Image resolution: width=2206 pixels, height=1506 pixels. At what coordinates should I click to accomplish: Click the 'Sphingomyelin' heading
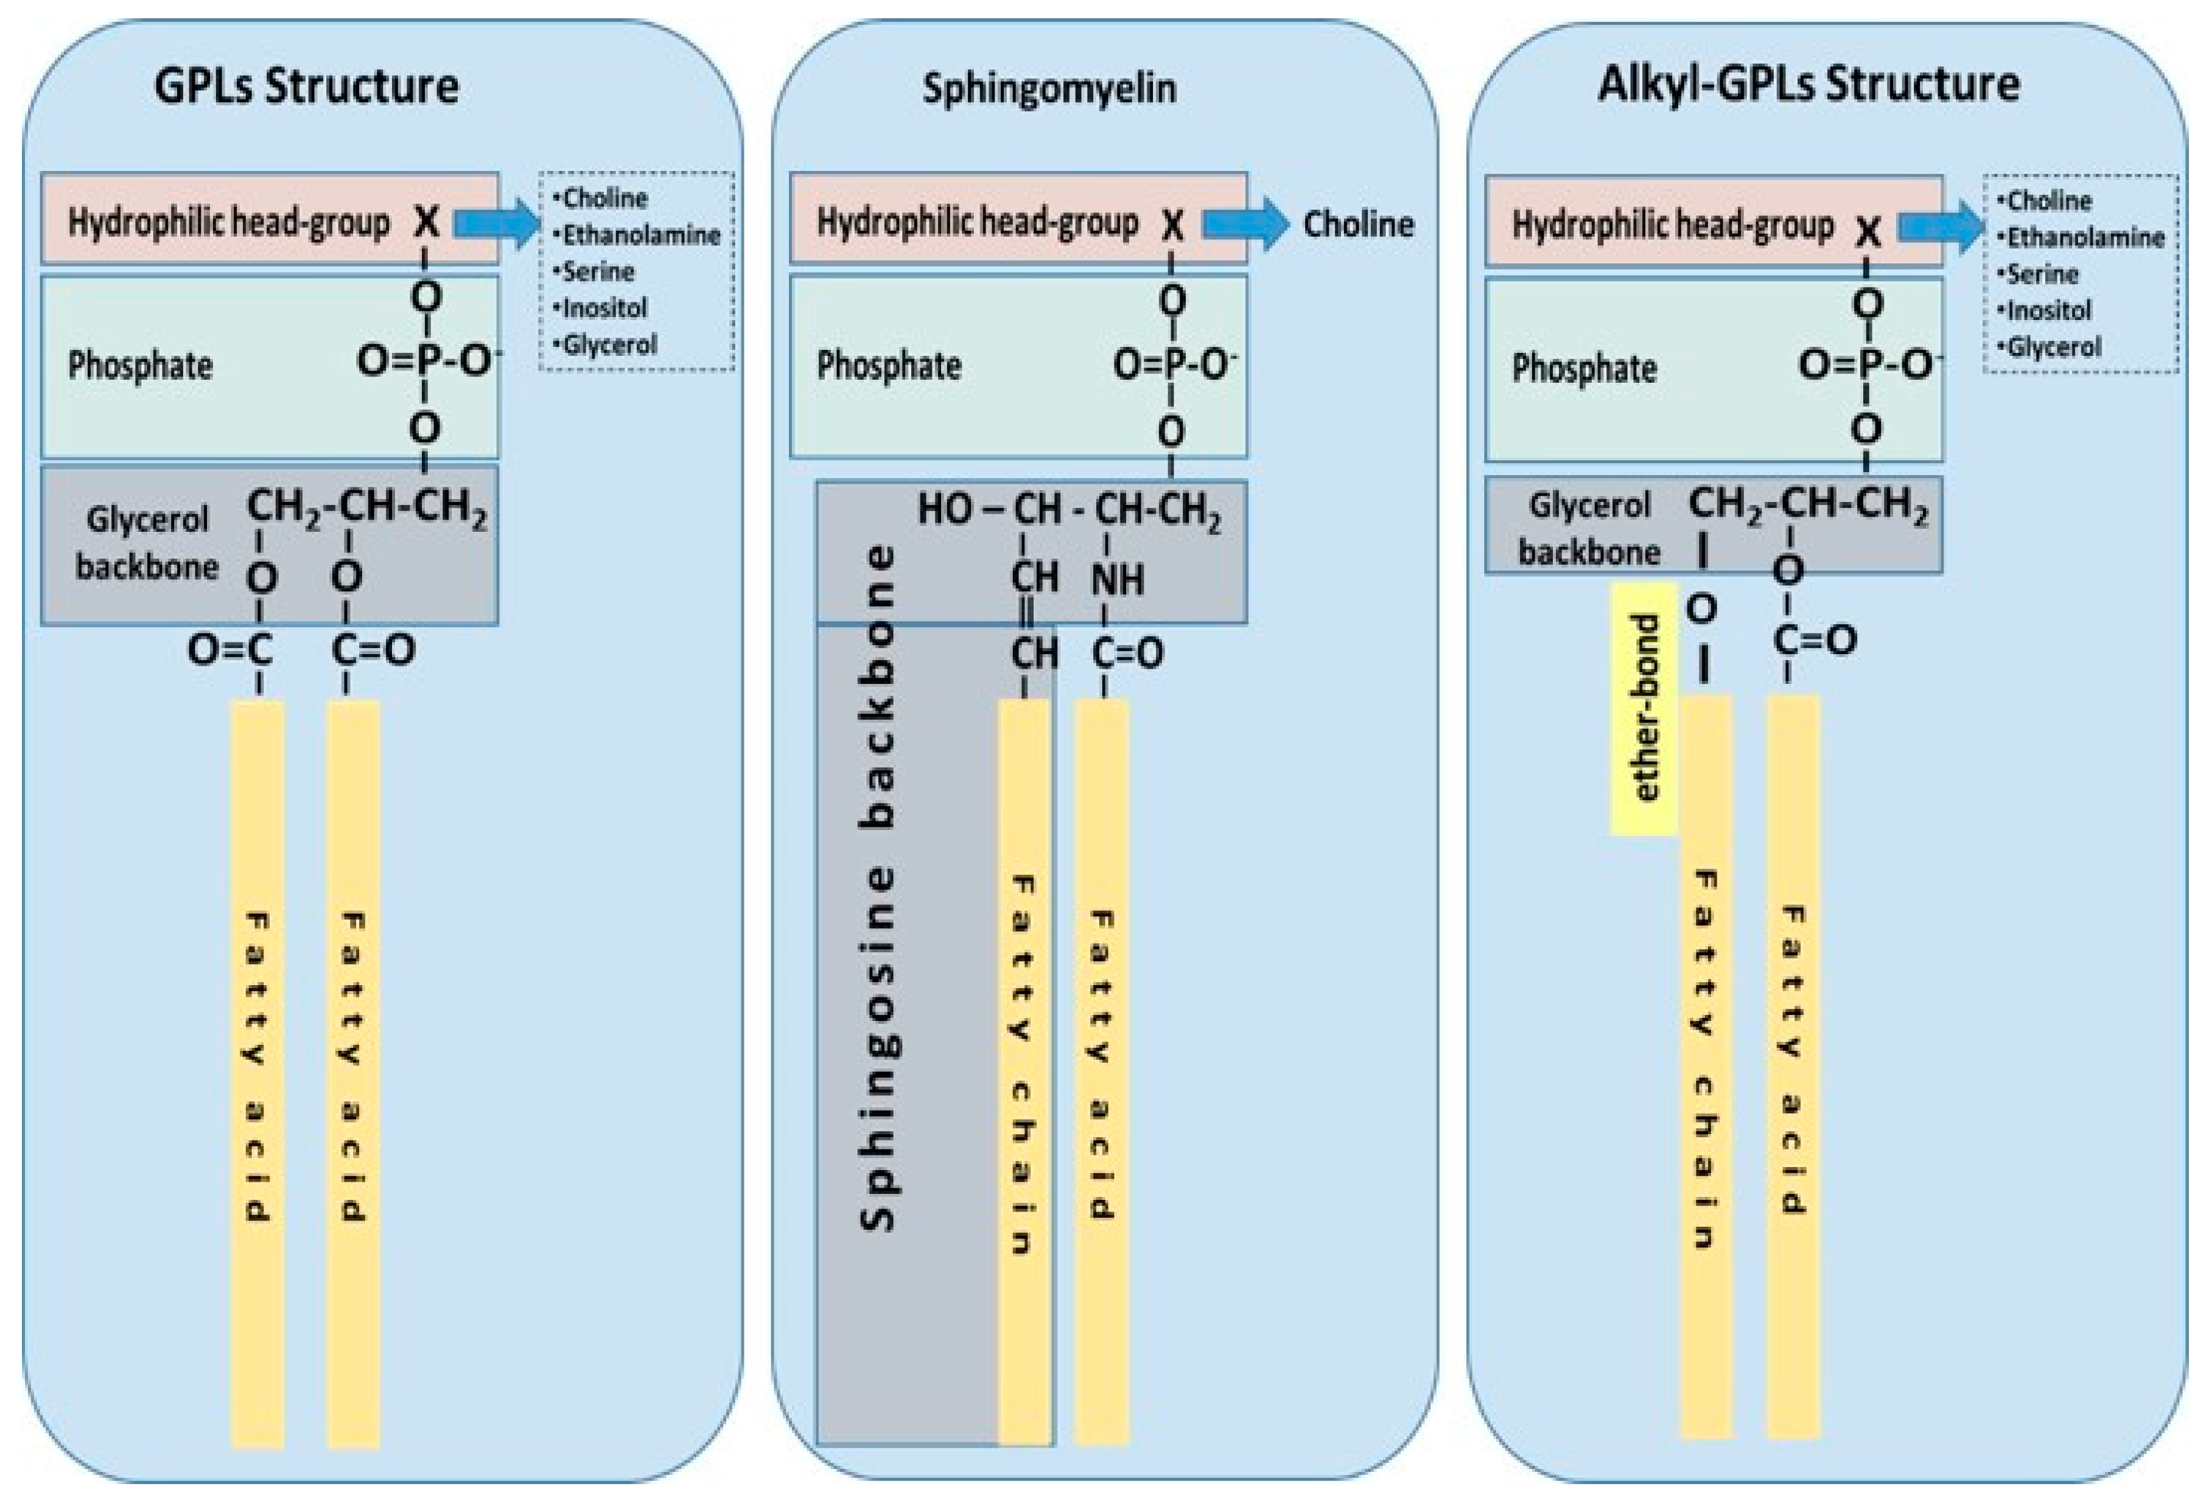1049,88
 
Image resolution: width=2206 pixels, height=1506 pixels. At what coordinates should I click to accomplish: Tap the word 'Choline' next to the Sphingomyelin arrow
1357,224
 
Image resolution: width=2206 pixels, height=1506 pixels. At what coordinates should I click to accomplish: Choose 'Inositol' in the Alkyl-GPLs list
2048,310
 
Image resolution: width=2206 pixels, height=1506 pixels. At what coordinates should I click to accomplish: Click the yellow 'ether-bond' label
1643,708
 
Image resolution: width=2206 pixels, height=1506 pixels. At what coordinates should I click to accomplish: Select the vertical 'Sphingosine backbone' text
878,887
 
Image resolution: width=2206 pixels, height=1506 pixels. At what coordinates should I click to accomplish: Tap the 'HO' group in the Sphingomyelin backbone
945,509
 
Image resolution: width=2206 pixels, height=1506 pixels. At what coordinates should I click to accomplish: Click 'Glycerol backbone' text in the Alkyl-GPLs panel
1589,528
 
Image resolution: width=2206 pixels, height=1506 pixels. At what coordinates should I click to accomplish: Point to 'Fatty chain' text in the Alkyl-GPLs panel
1706,1058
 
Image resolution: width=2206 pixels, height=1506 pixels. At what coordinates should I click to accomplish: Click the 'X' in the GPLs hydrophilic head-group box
426,221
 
